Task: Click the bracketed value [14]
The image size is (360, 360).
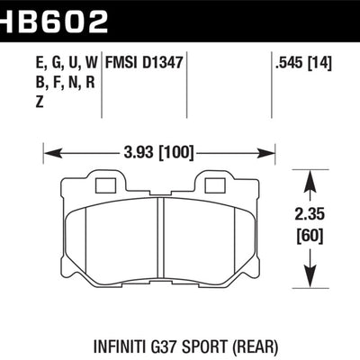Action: [321, 63]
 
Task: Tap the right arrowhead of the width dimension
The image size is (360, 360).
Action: [275, 150]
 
